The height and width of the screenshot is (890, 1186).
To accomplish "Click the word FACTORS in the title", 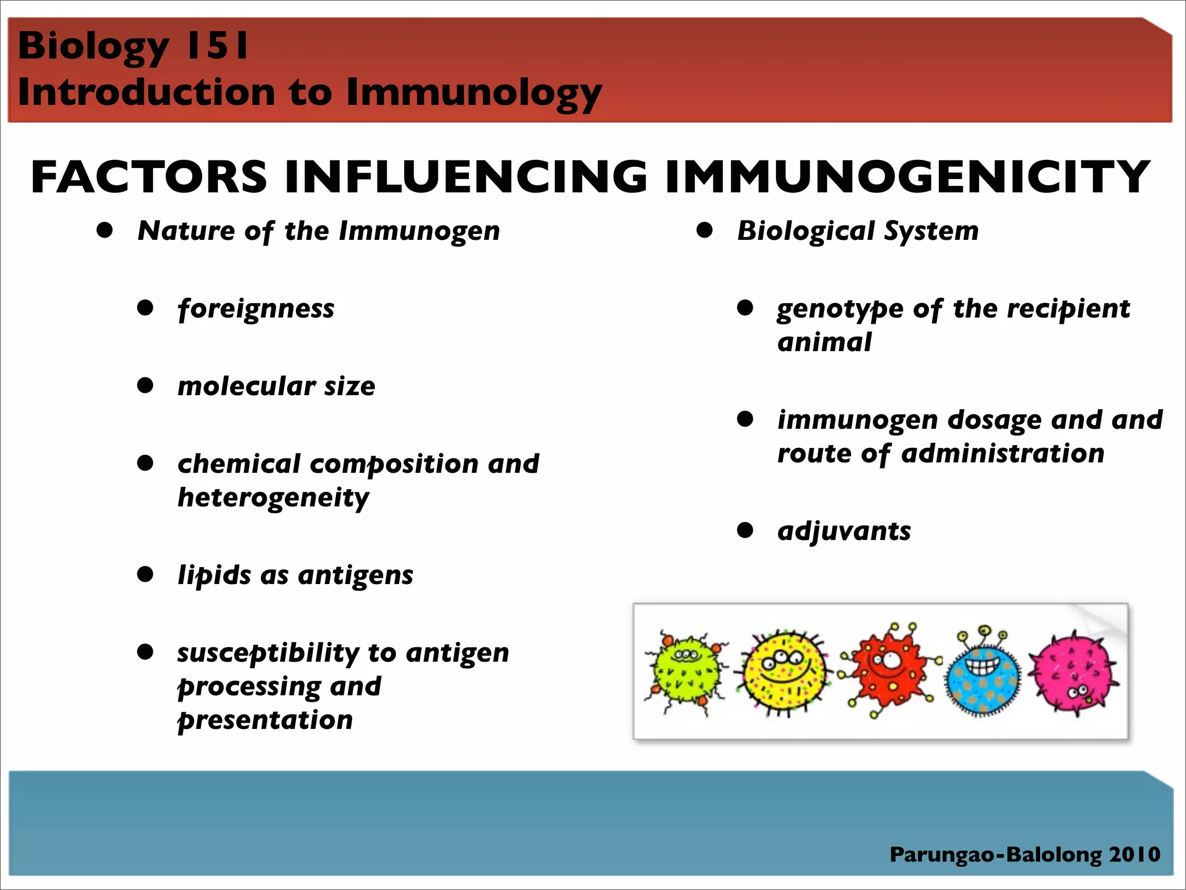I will pyautogui.click(x=149, y=177).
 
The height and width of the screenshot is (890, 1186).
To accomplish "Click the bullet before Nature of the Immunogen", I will pyautogui.click(x=105, y=231).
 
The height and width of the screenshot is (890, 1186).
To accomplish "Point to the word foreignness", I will pyautogui.click(x=256, y=309).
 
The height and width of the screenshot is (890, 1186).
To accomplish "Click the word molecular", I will pyautogui.click(x=246, y=386).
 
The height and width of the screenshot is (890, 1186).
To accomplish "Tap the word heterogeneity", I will pyautogui.click(x=273, y=498).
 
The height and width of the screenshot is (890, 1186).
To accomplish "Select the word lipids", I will pyautogui.click(x=214, y=575).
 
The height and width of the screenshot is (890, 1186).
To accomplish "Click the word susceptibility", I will pyautogui.click(x=268, y=653).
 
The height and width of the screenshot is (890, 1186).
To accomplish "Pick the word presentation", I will pyautogui.click(x=265, y=720).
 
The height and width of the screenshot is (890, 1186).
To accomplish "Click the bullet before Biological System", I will pyautogui.click(x=704, y=231).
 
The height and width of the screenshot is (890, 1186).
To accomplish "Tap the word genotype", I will pyautogui.click(x=840, y=309).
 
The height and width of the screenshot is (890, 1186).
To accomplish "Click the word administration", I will pyautogui.click(x=1002, y=453).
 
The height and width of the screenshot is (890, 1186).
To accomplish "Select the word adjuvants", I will pyautogui.click(x=844, y=531).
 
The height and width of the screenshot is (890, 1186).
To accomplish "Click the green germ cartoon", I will pyautogui.click(x=686, y=672).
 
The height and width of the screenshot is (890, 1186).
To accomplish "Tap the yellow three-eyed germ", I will pyautogui.click(x=783, y=672).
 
